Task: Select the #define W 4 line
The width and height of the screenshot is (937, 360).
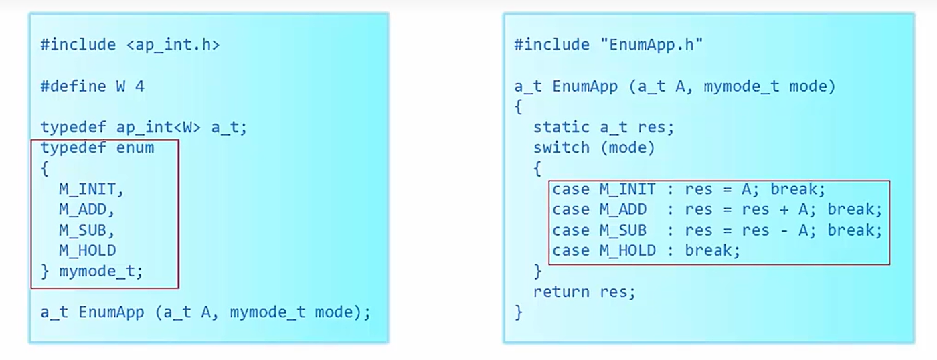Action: pos(92,86)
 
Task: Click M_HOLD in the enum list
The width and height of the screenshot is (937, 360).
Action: pos(87,251)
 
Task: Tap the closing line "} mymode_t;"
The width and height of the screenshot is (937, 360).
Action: pos(92,272)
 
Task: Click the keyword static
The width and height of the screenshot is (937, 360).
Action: pos(561,127)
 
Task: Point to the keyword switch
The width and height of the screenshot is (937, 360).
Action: pos(561,148)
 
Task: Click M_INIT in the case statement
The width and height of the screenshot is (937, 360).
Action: pos(627,189)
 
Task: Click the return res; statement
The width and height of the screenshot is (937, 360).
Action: pos(584,292)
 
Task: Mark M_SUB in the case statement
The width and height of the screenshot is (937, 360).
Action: pos(622,230)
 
